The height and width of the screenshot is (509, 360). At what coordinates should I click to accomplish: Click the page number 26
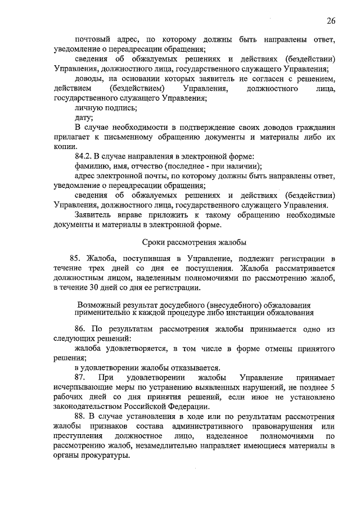click(331, 21)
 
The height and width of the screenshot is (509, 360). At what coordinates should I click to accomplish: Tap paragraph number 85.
click(81, 259)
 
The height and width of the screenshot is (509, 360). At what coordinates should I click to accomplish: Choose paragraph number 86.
click(81, 328)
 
